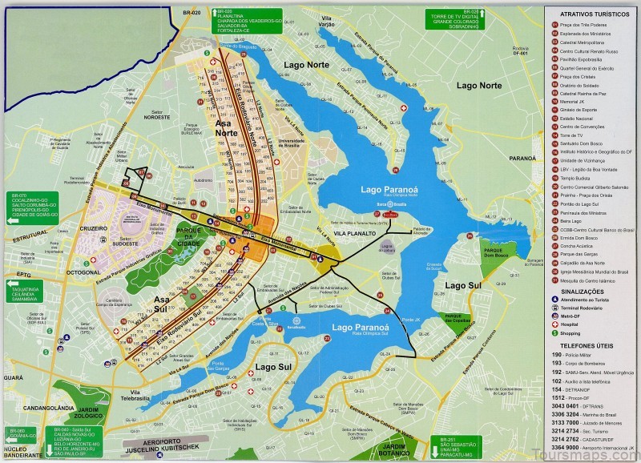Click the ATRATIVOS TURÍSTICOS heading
[x=592, y=14]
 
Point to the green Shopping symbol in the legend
[x=554, y=331]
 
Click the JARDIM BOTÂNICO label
[x=393, y=449]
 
